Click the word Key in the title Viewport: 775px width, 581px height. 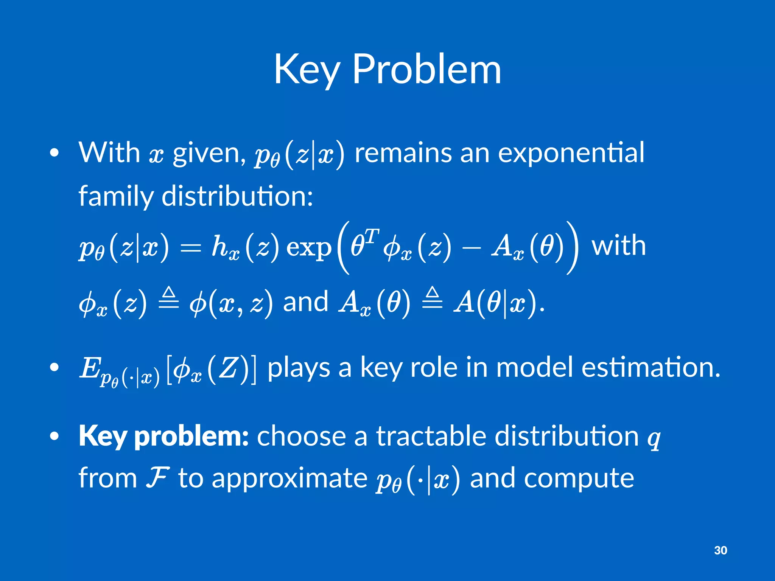(307, 70)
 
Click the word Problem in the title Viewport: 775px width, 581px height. (426, 70)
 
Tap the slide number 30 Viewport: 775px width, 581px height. (720, 550)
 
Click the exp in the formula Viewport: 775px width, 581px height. (308, 248)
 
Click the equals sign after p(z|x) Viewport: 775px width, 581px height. (190, 248)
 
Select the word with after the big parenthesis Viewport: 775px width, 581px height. (618, 246)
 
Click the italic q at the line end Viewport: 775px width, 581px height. (653, 439)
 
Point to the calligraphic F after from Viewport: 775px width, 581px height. (157, 478)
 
